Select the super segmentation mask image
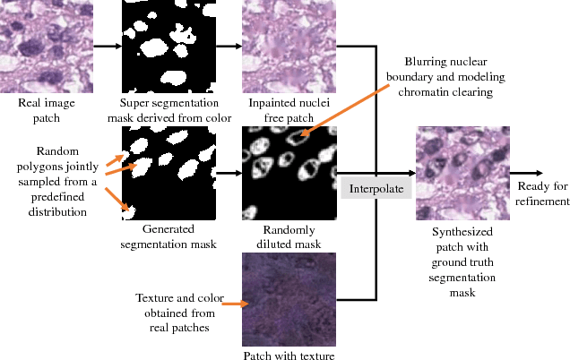tap(168, 46)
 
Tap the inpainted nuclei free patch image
tap(289, 46)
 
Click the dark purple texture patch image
tap(289, 299)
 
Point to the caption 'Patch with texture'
tap(289, 356)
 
